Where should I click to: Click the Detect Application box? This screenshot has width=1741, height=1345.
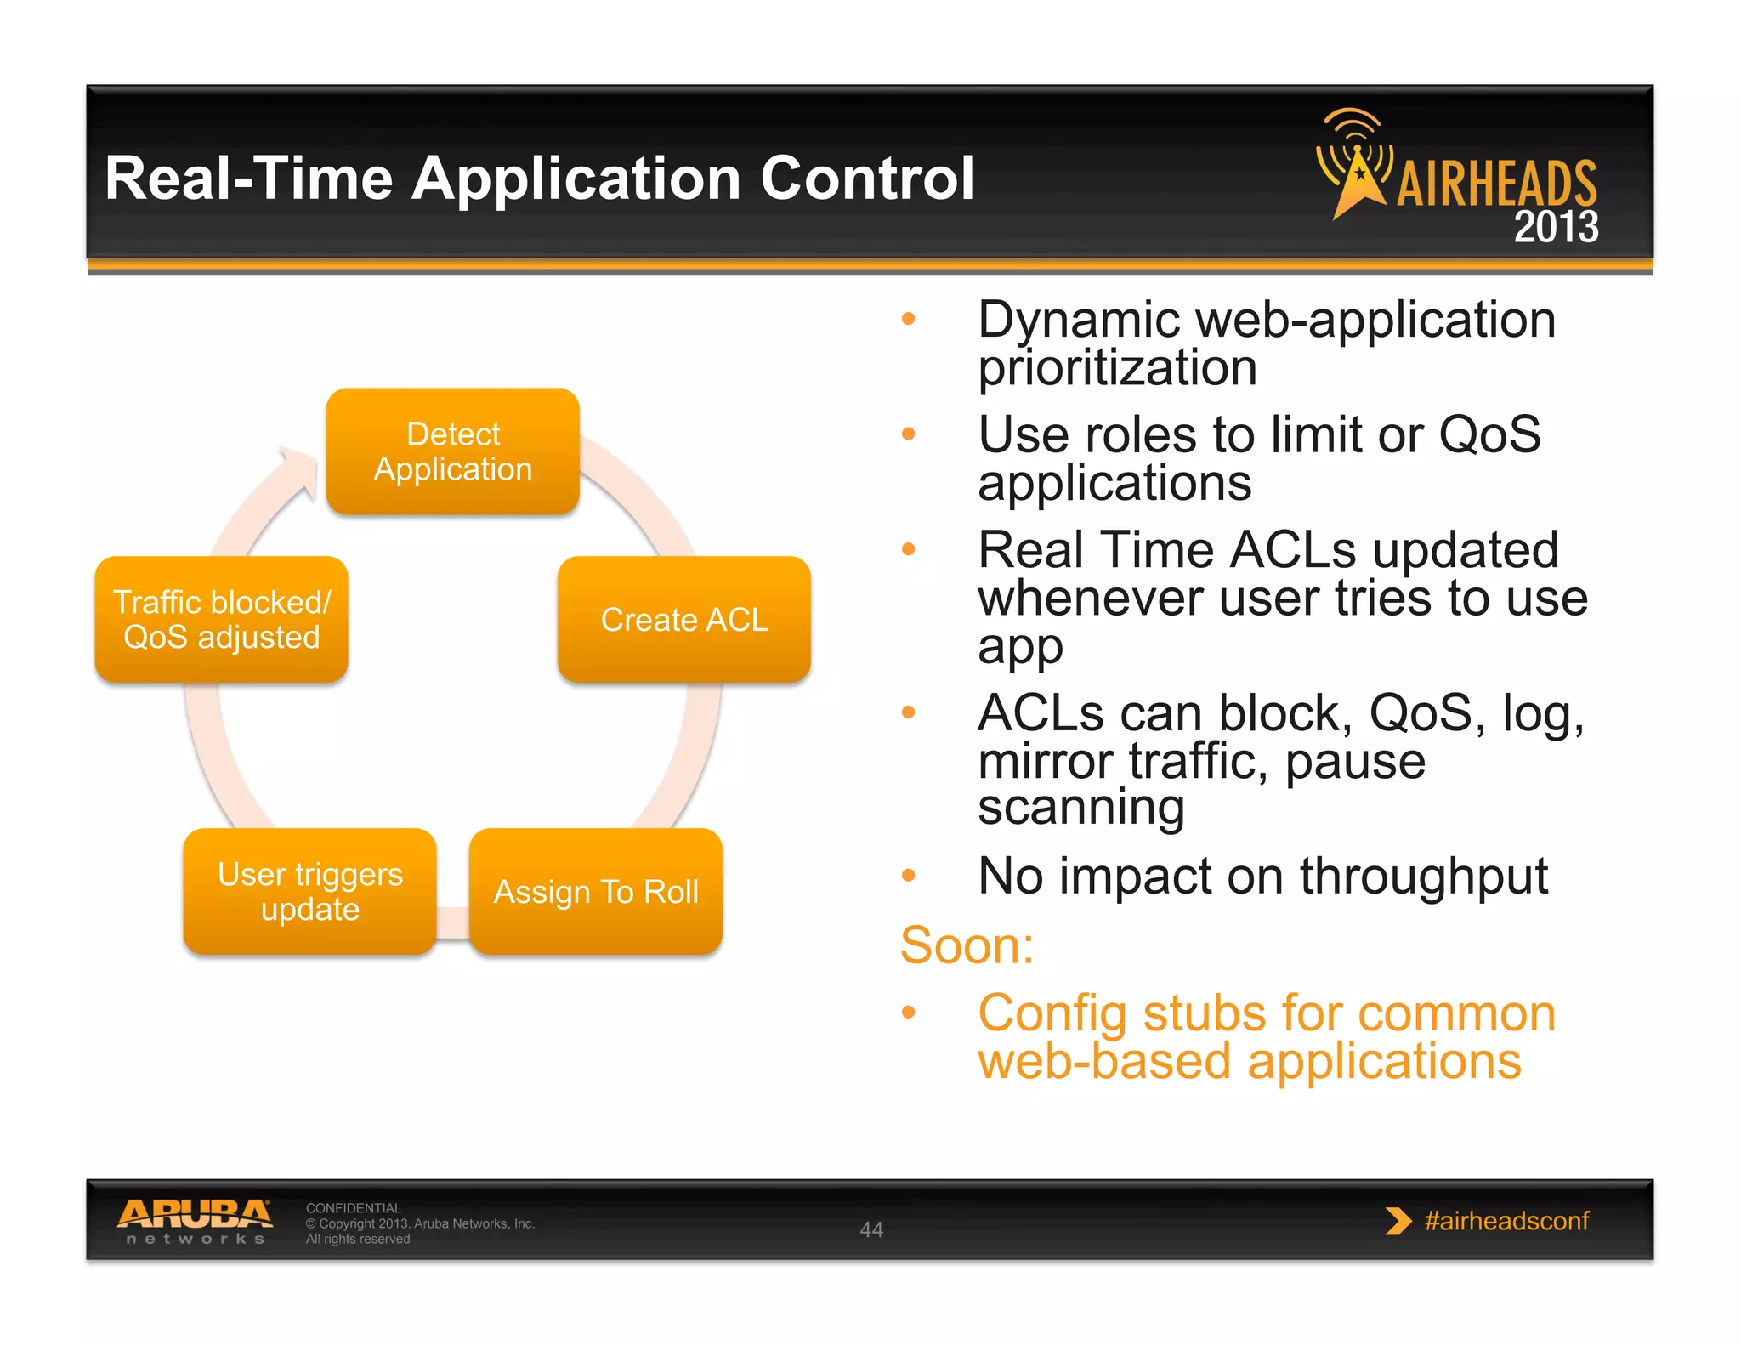pyautogui.click(x=453, y=451)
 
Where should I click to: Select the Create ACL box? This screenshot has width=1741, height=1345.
pyautogui.click(x=684, y=620)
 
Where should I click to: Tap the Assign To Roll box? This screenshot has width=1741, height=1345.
pyautogui.click(x=596, y=892)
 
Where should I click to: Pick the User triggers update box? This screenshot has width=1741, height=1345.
pyautogui.click(x=310, y=892)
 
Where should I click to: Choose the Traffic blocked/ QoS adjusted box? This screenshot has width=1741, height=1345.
pyautogui.click(x=222, y=620)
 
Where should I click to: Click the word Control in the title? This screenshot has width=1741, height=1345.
pyautogui.click(x=866, y=179)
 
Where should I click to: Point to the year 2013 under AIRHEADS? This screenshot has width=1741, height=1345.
pyautogui.click(x=1556, y=227)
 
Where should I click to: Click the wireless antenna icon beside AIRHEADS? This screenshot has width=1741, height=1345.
pyautogui.click(x=1356, y=162)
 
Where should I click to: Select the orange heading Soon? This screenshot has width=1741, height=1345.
pyautogui.click(x=967, y=945)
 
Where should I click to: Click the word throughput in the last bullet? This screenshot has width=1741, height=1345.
pyautogui.click(x=1423, y=877)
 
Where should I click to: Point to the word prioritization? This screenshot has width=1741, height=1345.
pyautogui.click(x=1117, y=368)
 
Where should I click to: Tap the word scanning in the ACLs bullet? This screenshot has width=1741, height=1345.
pyautogui.click(x=1080, y=807)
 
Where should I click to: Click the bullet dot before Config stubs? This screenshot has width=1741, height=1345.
pyautogui.click(x=909, y=1013)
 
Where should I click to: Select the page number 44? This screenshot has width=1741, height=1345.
pyautogui.click(x=871, y=1229)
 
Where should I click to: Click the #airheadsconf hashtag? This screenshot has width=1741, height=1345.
pyautogui.click(x=1506, y=1221)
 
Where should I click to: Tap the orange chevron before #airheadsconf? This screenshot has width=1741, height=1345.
pyautogui.click(x=1397, y=1221)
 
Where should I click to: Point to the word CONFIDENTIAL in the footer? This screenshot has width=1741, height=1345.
pyautogui.click(x=353, y=1208)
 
